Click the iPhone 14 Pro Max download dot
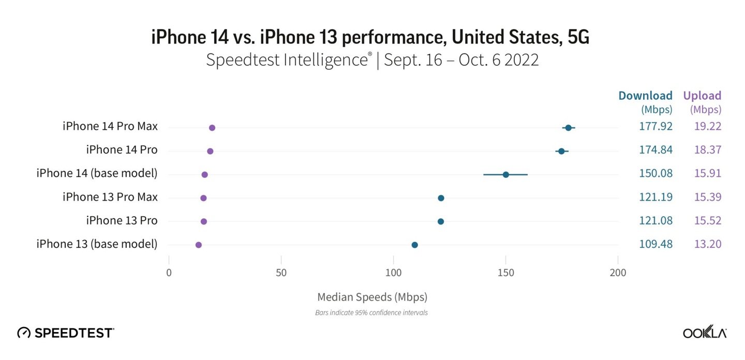pos(568,128)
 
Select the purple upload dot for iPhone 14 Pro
pos(210,151)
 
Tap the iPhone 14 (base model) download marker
pos(506,175)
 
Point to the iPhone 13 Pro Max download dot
pos(441,198)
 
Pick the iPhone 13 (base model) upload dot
pos(199,245)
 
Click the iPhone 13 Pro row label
pos(122,221)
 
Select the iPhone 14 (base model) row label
pos(97,174)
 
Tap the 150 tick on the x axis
pos(505,273)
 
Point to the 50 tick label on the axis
pos(281,273)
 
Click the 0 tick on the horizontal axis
pos(169,273)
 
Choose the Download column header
pos(645,96)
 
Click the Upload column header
pos(702,96)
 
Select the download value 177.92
pos(655,127)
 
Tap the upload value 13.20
pos(708,244)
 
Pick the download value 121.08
pos(655,221)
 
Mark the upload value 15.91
pos(708,174)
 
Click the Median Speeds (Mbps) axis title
pos(372,297)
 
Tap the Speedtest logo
pos(66,333)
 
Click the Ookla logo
pos(705,333)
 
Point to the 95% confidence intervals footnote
pos(371,313)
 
